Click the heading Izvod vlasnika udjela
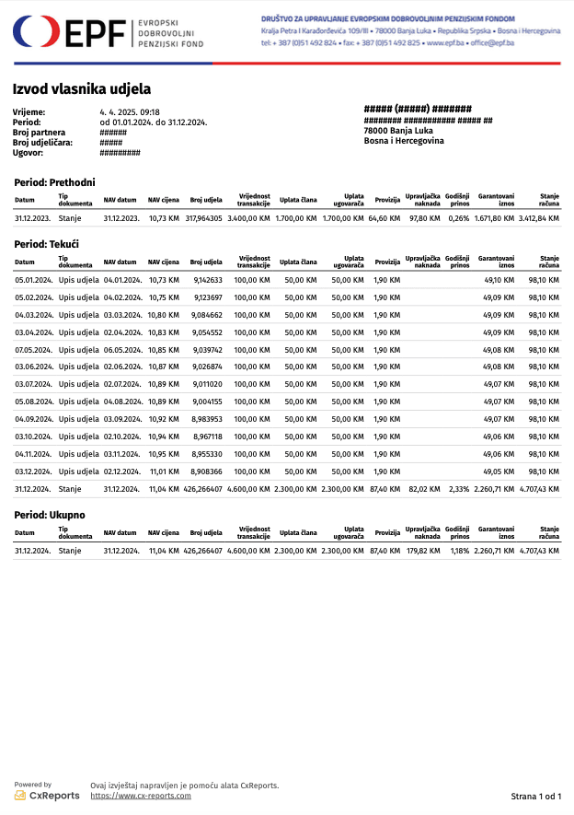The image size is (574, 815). click(82, 89)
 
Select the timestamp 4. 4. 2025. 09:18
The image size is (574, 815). click(130, 112)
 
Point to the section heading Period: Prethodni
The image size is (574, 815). click(55, 182)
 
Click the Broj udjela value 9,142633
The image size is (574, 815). click(206, 280)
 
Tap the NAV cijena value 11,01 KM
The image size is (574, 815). click(164, 472)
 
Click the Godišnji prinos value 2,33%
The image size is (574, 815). click(458, 489)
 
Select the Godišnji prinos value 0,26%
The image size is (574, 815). click(458, 218)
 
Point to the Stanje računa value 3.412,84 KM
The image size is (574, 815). click(538, 218)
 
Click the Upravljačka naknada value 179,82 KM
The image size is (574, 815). click(423, 550)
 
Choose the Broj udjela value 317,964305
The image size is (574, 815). click(203, 218)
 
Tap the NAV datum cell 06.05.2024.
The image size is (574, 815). click(122, 350)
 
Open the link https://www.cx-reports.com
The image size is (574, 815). click(141, 796)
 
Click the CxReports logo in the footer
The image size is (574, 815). click(47, 795)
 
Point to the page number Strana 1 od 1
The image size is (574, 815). click(535, 796)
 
